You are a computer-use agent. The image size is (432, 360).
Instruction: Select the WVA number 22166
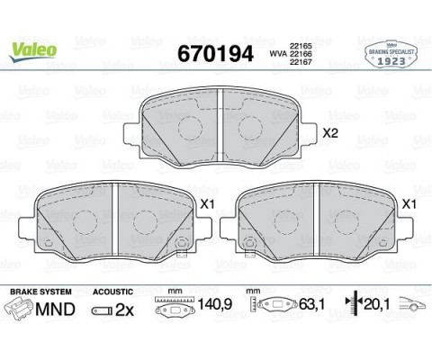tap(301, 54)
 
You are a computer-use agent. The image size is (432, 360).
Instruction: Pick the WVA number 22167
tap(301, 64)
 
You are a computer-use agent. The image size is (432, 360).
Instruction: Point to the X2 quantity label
tap(329, 134)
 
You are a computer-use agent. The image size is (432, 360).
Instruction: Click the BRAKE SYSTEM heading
tap(39, 292)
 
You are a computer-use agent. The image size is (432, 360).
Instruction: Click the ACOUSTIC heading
tap(114, 292)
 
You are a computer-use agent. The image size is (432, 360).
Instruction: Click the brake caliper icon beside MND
tap(18, 310)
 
